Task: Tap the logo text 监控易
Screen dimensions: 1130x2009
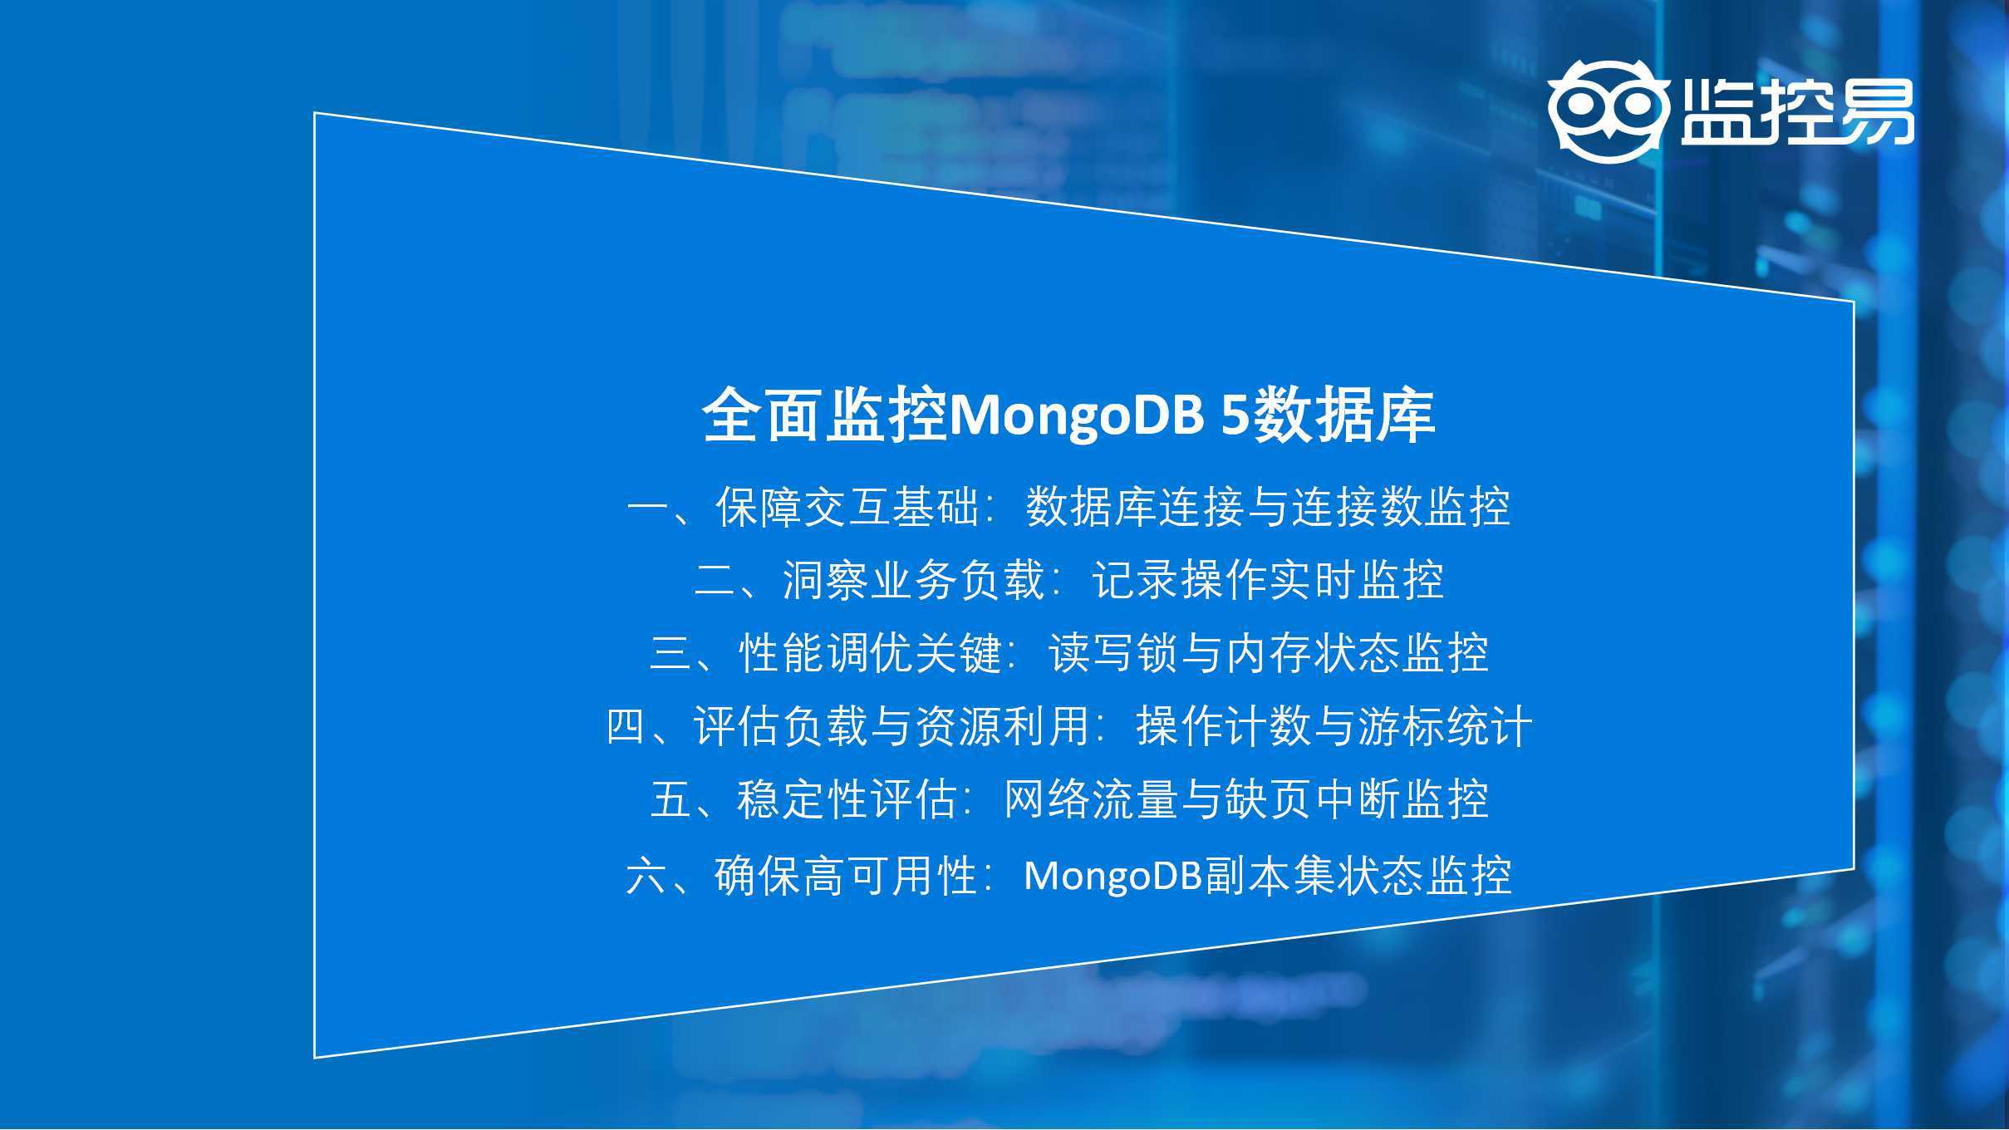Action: [x=1797, y=112]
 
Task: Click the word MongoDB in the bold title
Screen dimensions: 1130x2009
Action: [x=1075, y=415]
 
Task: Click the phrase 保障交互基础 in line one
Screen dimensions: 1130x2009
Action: [x=847, y=507]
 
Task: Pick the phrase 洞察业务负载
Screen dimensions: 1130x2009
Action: [x=914, y=580]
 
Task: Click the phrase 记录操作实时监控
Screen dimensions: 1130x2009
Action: [x=1268, y=580]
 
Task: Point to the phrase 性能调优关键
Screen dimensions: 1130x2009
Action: [x=870, y=653]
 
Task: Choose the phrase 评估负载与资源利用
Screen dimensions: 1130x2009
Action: [x=892, y=726]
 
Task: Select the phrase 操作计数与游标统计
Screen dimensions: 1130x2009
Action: [x=1334, y=726]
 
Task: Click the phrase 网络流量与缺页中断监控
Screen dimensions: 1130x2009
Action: [x=1246, y=799]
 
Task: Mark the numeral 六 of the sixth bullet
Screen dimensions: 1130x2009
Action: [x=647, y=876]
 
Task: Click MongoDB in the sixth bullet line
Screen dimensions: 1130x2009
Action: [x=1113, y=876]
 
